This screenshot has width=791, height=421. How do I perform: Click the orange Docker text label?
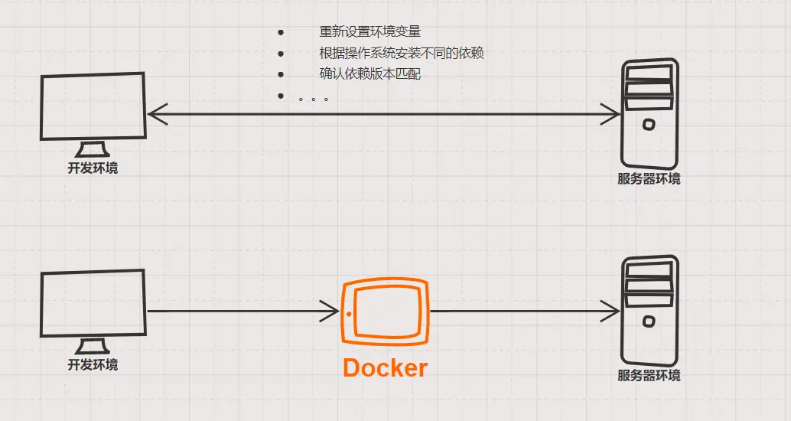[x=385, y=367]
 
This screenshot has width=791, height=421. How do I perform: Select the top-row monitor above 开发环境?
[x=93, y=107]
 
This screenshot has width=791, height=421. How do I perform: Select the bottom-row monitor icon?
[x=93, y=305]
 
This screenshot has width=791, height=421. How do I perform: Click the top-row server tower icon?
[x=649, y=113]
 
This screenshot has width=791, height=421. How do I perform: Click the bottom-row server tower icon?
[x=649, y=310]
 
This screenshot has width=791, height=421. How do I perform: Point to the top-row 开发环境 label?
[x=93, y=168]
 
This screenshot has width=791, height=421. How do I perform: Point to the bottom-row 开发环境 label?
[x=93, y=364]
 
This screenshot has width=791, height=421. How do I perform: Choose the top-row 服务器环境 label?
[x=649, y=179]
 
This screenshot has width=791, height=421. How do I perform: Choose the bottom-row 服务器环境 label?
[x=649, y=376]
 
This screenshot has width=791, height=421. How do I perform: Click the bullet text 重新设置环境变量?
[x=370, y=32]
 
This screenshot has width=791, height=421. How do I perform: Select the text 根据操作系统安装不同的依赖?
[x=402, y=54]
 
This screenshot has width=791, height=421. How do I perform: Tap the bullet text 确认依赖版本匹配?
[x=370, y=74]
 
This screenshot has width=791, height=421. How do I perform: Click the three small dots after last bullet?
[x=313, y=99]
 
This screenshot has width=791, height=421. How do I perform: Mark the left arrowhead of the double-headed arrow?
[x=153, y=115]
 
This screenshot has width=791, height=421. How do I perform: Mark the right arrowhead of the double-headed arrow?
[x=615, y=115]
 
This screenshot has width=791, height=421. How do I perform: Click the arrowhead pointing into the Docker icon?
[x=333, y=311]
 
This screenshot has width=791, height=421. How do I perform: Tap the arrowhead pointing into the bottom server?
[x=614, y=311]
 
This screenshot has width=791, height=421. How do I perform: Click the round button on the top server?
[x=649, y=124]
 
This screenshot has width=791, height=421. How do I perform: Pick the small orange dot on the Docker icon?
[x=350, y=314]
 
